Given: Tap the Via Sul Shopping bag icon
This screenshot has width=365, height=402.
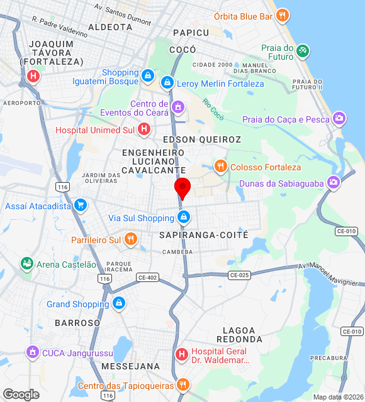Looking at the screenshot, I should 184,218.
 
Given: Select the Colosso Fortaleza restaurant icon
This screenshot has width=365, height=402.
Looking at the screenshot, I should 220,166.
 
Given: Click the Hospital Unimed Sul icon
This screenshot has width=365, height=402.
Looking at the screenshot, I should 144,130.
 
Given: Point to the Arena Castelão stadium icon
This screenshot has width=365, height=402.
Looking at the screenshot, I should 26,264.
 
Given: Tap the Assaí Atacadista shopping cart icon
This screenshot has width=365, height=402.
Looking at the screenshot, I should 80,205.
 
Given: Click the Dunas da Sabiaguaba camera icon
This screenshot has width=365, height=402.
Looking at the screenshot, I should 333,183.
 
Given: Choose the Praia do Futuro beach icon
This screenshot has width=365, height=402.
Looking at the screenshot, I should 303,50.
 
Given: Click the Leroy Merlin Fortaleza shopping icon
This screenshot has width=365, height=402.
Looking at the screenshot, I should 167,82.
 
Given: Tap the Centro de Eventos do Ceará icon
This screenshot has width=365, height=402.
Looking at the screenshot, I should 178,107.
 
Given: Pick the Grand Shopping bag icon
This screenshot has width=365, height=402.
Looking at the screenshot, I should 119,304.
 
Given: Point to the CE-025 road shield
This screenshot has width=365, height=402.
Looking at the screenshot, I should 239,275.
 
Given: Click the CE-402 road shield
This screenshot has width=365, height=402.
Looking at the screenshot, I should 147,277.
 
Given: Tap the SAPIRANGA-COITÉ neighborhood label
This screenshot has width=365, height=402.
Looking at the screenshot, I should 204,235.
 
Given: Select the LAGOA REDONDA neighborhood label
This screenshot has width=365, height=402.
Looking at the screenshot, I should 239,335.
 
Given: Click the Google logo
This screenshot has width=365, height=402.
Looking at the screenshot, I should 21,394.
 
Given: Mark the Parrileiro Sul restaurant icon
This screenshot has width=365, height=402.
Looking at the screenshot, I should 131,239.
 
